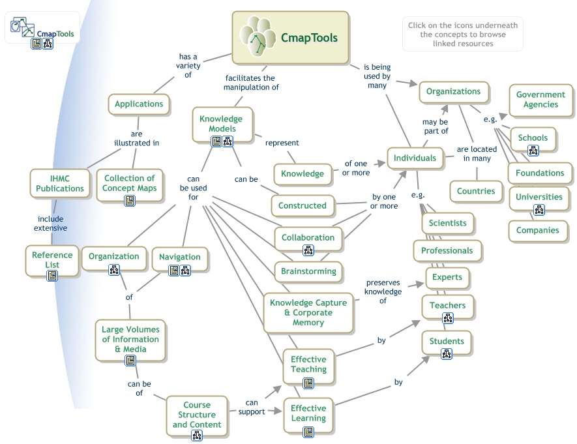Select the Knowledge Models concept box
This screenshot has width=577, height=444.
[220, 123]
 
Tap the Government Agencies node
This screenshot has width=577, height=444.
[540, 99]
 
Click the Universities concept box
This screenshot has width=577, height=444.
[539, 197]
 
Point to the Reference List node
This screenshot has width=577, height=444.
[52, 260]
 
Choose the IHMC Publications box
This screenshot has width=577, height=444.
[59, 183]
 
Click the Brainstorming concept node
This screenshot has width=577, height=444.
[308, 271]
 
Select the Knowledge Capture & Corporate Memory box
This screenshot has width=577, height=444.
[308, 312]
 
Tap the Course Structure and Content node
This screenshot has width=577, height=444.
[196, 415]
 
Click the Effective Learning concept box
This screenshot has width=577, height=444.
[308, 413]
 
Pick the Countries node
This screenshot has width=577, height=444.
[476, 191]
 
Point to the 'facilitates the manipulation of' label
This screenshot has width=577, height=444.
[251, 81]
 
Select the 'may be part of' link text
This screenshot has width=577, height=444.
[435, 126]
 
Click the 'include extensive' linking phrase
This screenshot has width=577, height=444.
[50, 224]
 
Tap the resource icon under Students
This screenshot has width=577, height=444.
[447, 354]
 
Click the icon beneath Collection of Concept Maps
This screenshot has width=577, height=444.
[129, 200]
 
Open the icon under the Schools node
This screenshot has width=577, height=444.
[533, 151]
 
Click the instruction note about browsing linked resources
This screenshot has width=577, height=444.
[462, 35]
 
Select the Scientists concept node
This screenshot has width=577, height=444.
[447, 222]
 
